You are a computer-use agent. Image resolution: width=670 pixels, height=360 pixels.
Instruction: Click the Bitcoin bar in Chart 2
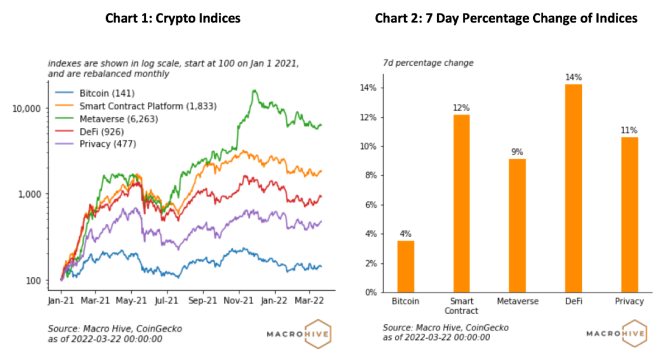(406, 266)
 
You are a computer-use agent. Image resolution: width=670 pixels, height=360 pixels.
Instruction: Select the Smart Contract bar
(461, 203)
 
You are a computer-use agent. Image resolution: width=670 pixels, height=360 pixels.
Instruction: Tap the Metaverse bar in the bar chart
(517, 225)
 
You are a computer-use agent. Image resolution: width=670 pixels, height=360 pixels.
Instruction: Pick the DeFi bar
(573, 188)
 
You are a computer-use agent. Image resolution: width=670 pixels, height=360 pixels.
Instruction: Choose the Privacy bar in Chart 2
(629, 214)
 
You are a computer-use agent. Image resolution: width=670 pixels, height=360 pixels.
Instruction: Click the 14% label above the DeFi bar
(573, 78)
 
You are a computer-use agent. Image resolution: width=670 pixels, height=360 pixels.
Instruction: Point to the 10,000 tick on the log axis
(27, 108)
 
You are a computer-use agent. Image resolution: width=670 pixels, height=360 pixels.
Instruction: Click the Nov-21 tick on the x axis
(238, 300)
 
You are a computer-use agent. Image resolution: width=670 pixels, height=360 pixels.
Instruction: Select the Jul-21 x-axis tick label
(167, 300)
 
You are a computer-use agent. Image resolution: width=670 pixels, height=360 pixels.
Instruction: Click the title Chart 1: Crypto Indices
(173, 18)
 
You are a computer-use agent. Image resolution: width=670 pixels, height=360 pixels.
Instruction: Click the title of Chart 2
(505, 18)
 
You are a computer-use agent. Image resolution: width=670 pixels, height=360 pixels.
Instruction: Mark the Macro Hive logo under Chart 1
(300, 334)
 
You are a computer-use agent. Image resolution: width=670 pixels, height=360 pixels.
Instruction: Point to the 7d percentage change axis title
(428, 63)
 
